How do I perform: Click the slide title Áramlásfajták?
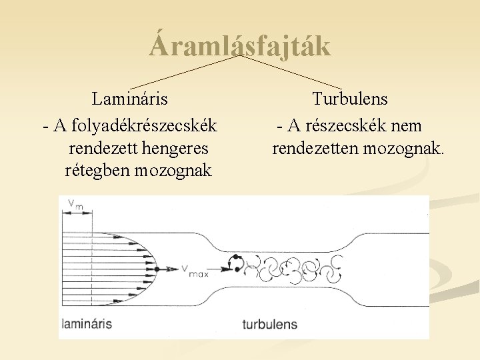click(x=240, y=46)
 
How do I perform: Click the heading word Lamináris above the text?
click(x=130, y=99)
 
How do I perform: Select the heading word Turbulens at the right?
click(x=350, y=99)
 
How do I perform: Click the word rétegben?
click(x=97, y=171)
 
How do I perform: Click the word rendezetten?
click(x=316, y=147)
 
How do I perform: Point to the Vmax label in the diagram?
click(x=195, y=271)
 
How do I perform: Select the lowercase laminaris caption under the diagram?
click(x=87, y=324)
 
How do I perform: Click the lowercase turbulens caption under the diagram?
click(x=269, y=324)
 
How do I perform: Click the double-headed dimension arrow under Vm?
click(x=76, y=212)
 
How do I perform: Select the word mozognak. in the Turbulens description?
click(x=404, y=147)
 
